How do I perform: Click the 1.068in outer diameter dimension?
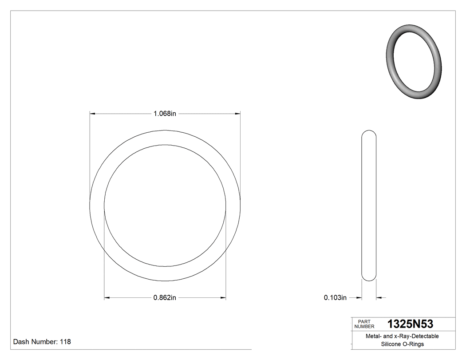pyautogui.click(x=165, y=114)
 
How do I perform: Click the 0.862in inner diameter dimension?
pyautogui.click(x=165, y=298)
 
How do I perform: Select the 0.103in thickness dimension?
pyautogui.click(x=335, y=298)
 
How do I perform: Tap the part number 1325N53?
pyautogui.click(x=410, y=324)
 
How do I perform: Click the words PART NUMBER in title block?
pyautogui.click(x=364, y=324)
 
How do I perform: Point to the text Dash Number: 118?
pyautogui.click(x=42, y=342)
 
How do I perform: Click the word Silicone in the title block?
pyautogui.click(x=391, y=344)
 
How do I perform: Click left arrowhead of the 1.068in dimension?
pyautogui.click(x=93, y=114)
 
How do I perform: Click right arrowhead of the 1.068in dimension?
pyautogui.click(x=237, y=114)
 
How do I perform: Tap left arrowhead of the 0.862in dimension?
pyautogui.click(x=107, y=298)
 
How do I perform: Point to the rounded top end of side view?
pyautogui.click(x=369, y=133)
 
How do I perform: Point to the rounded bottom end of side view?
pyautogui.click(x=369, y=278)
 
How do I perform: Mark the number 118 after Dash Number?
pyautogui.click(x=65, y=342)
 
